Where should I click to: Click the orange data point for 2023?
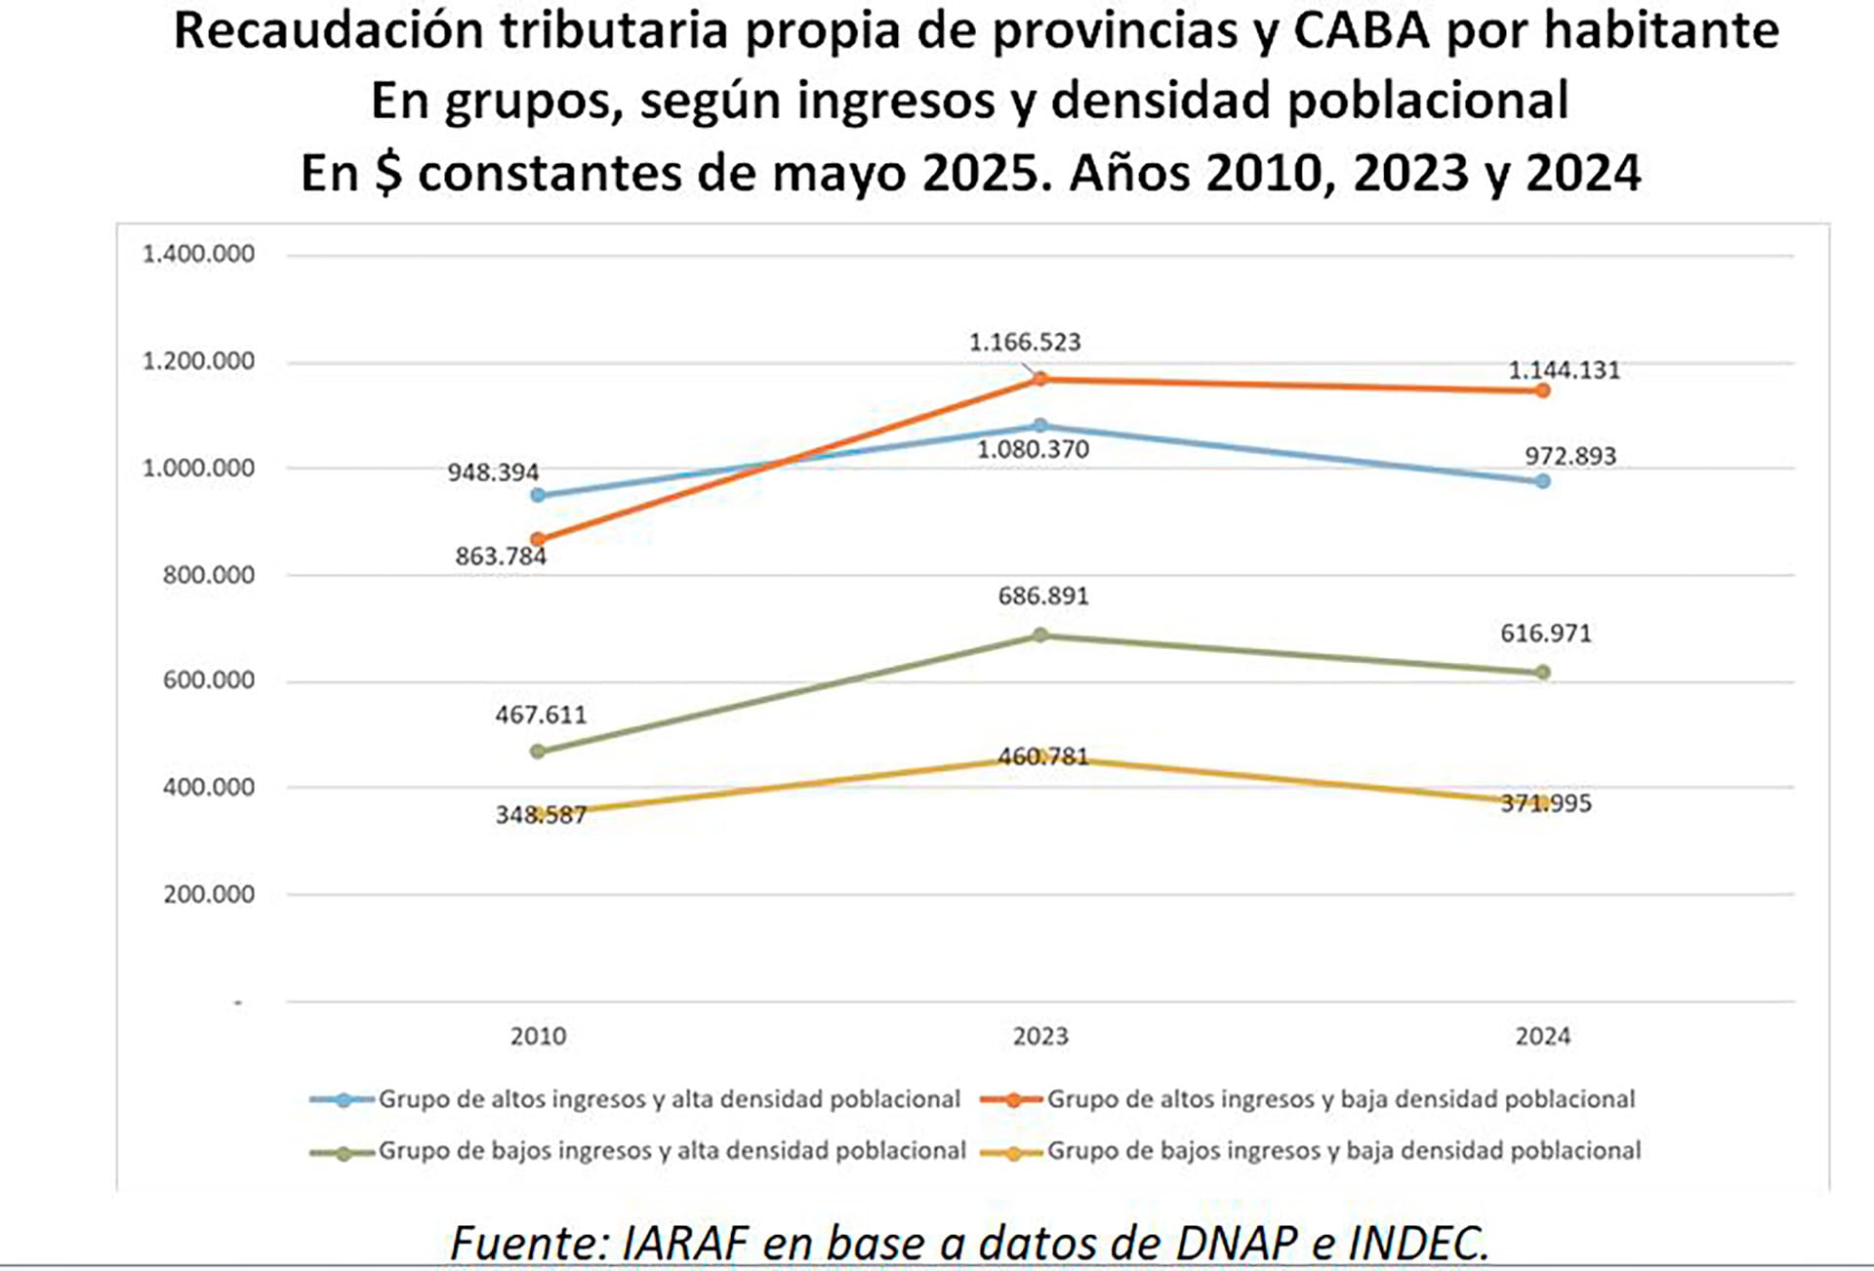pyautogui.click(x=1040, y=379)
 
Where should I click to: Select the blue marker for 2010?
pyautogui.click(x=538, y=495)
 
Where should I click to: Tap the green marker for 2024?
pyautogui.click(x=1542, y=672)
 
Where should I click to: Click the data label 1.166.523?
pyautogui.click(x=1024, y=343)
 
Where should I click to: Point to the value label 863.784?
pyautogui.click(x=501, y=556)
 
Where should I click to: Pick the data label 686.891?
pyautogui.click(x=1042, y=595)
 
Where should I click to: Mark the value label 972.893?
pyautogui.click(x=1570, y=456)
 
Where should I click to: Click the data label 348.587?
pyautogui.click(x=541, y=814)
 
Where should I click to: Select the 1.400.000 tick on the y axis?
pyautogui.click(x=198, y=254)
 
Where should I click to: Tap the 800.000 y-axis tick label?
pyautogui.click(x=208, y=575)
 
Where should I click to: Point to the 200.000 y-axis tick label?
pyautogui.click(x=208, y=894)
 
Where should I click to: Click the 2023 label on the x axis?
pyautogui.click(x=1040, y=1036)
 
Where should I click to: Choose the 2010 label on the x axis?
pyautogui.click(x=538, y=1036)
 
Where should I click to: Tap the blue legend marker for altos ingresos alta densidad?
pyautogui.click(x=343, y=1100)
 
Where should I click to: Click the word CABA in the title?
pyautogui.click(x=1362, y=31)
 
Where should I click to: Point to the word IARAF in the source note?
pyautogui.click(x=684, y=1243)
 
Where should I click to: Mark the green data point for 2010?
pyautogui.click(x=538, y=751)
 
